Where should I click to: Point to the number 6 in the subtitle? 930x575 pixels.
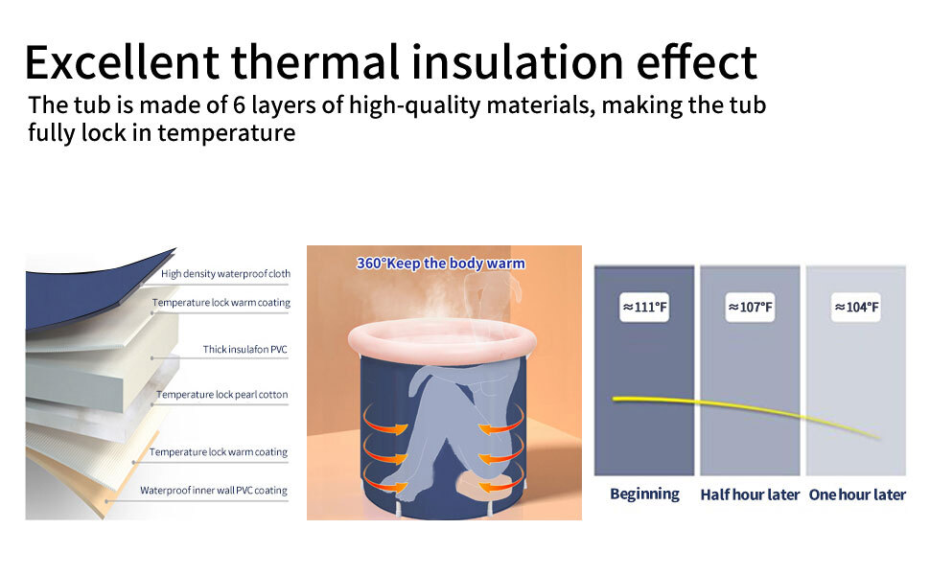(239, 104)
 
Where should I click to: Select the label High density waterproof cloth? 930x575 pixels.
(225, 274)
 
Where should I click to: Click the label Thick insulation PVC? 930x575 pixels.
(244, 349)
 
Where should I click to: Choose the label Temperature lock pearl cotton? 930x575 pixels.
(221, 395)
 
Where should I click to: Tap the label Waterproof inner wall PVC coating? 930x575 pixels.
(214, 491)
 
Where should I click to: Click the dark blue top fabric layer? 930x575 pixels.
(89, 290)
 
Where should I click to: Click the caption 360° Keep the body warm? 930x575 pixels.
(441, 264)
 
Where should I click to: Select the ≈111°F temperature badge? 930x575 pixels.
(644, 307)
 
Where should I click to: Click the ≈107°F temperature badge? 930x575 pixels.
(751, 307)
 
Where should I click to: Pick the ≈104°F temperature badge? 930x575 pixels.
(856, 307)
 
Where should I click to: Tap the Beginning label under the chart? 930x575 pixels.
(644, 494)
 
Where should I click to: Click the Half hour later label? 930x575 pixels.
(750, 494)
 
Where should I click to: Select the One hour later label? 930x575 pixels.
(857, 494)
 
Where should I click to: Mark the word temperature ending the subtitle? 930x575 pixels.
(226, 133)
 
